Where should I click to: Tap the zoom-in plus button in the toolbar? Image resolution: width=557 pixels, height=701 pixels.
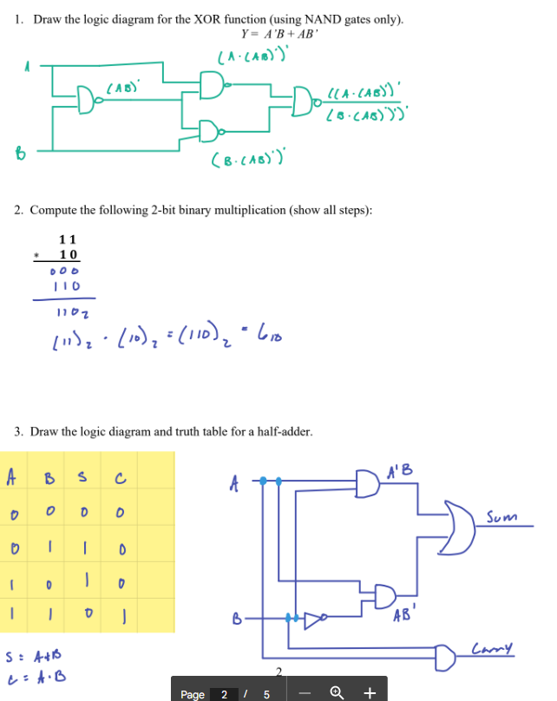click(x=370, y=692)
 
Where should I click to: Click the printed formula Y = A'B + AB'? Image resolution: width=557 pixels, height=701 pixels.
click(x=280, y=35)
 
